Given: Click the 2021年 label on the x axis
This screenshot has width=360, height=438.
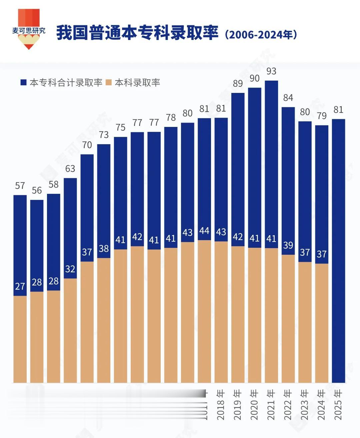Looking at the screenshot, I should click(271, 405).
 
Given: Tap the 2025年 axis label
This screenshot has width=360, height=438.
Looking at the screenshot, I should click(338, 405).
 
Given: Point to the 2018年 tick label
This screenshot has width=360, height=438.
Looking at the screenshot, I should click(221, 405).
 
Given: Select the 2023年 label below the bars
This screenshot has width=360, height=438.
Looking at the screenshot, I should click(304, 405).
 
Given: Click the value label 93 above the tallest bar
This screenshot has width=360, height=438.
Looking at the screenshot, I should click(271, 71).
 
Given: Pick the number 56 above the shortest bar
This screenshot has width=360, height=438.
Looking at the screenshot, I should click(37, 191).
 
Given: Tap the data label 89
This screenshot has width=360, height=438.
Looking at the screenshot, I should click(238, 84).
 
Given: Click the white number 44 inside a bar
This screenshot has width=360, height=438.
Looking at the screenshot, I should click(204, 231).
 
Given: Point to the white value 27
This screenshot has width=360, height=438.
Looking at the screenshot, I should click(20, 286).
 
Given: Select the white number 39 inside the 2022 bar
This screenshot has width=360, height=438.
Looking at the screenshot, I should click(288, 245).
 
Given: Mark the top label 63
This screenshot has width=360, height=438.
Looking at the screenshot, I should click(70, 169).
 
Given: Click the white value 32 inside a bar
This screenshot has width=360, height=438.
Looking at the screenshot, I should click(70, 269).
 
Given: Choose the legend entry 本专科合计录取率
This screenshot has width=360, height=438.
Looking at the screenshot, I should click(62, 83).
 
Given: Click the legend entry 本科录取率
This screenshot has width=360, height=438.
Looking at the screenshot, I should click(133, 83).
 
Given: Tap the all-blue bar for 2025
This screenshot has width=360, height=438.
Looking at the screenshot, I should click(338, 250).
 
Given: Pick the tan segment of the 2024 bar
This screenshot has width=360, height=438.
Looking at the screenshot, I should click(322, 323).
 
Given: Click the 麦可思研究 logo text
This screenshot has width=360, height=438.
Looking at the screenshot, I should click(29, 31).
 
